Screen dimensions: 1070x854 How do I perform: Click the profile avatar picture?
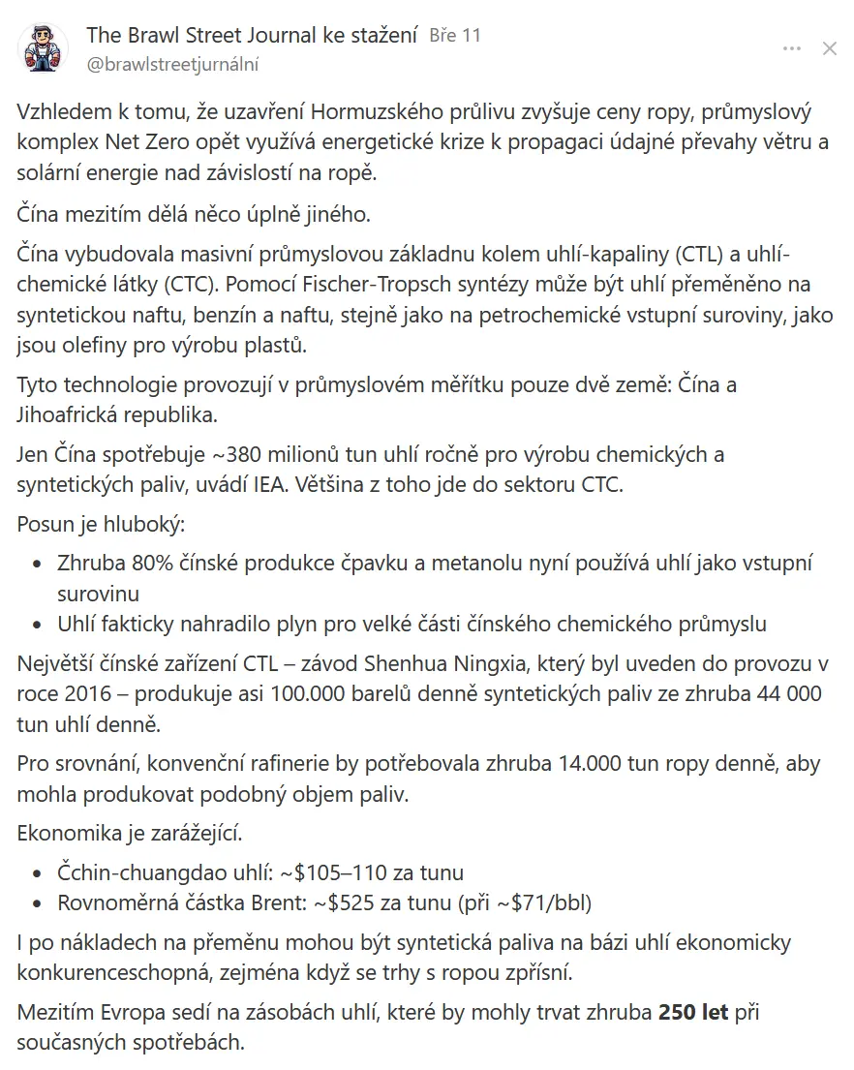coord(44,49)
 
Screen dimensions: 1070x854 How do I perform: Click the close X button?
coord(829,49)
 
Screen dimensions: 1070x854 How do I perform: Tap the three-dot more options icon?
coord(792,49)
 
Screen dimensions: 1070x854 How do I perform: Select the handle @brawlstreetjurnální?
coord(173,65)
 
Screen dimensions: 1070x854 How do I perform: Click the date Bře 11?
coord(454,36)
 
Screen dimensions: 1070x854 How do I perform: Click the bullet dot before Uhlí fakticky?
coord(38,625)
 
